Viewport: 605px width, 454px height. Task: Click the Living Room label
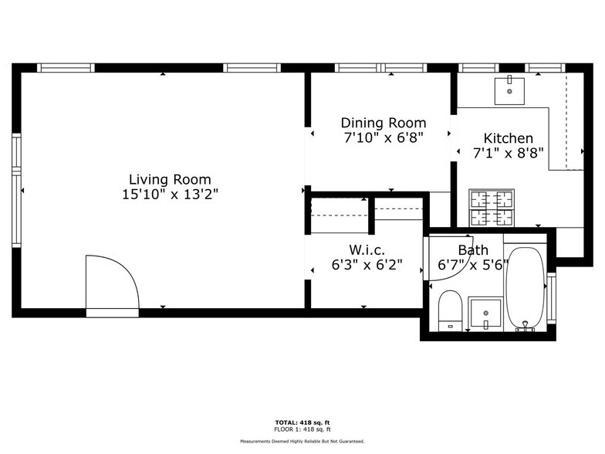(170, 180)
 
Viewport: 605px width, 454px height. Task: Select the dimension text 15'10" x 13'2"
(170, 195)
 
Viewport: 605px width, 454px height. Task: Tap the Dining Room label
(384, 123)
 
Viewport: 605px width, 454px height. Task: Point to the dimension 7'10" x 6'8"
(384, 137)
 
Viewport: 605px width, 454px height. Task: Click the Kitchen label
(508, 138)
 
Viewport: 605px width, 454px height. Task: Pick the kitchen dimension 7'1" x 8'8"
(509, 153)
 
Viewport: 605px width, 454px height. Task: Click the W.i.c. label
(367, 250)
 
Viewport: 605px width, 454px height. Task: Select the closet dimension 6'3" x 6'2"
(367, 265)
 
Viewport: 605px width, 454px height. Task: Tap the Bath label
(473, 250)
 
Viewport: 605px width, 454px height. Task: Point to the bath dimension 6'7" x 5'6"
(472, 265)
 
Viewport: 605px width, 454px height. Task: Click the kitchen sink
(510, 90)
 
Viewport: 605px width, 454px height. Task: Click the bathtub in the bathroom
(526, 288)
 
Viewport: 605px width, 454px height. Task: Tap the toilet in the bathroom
(449, 310)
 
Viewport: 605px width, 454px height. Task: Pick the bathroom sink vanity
(485, 313)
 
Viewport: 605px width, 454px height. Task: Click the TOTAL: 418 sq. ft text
(302, 422)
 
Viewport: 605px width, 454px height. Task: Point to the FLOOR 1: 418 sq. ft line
(302, 429)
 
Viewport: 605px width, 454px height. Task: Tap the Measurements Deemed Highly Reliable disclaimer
(302, 441)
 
